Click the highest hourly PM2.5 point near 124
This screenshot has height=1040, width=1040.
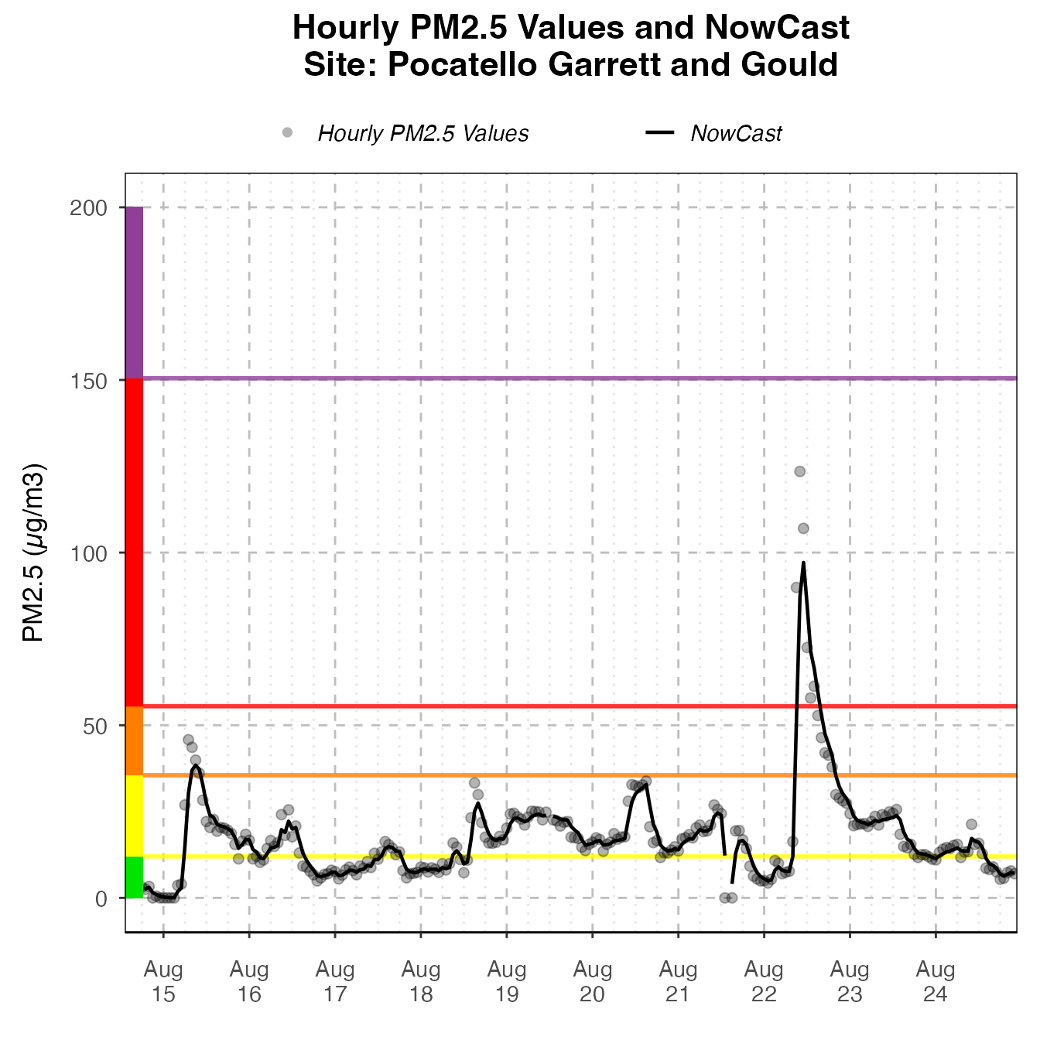(800, 471)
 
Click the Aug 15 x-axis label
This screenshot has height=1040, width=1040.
(163, 981)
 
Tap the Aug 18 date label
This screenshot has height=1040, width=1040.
(421, 981)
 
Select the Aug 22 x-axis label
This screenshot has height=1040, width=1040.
(764, 981)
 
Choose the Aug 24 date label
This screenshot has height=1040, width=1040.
(936, 981)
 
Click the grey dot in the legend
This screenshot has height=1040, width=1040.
(288, 132)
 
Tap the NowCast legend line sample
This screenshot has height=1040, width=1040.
(660, 132)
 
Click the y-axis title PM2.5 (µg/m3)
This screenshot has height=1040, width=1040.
(35, 552)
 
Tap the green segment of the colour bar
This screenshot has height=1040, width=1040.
(135, 877)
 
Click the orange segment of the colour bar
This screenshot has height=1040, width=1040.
(135, 741)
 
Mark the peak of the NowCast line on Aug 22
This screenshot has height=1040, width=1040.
(804, 563)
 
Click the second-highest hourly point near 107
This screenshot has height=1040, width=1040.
(803, 529)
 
